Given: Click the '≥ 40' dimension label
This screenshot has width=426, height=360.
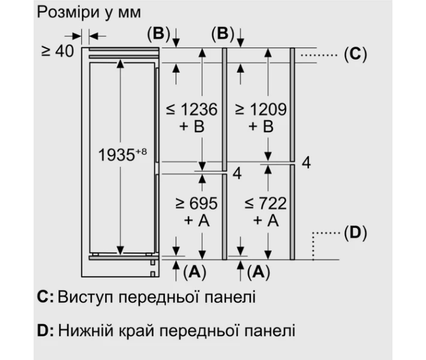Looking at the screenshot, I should pos(57,51).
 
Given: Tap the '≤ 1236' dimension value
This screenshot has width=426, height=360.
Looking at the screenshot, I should pos(191,110).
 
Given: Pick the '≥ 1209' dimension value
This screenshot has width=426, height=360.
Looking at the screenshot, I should pos(260,110).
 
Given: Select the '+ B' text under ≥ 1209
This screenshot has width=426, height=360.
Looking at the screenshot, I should pos(261,127).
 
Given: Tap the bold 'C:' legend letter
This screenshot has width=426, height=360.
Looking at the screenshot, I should pos(45,297).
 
